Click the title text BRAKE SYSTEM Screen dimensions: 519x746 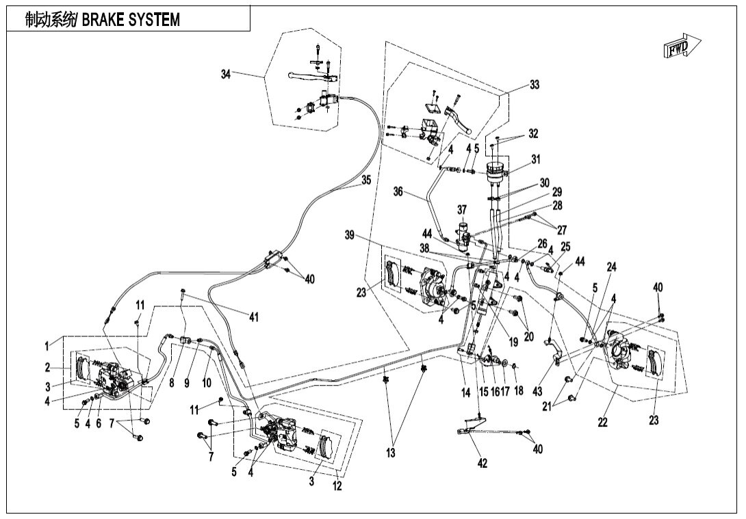pyautogui.click(x=130, y=20)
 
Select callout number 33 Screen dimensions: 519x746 pyautogui.click(x=535, y=85)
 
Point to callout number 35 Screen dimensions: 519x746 pyautogui.click(x=366, y=181)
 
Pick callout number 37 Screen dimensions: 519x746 pyautogui.click(x=463, y=209)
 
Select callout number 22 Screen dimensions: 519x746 pyautogui.click(x=602, y=423)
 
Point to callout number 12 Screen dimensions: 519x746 pyautogui.click(x=337, y=486)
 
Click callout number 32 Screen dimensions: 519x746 pyautogui.click(x=533, y=133)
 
